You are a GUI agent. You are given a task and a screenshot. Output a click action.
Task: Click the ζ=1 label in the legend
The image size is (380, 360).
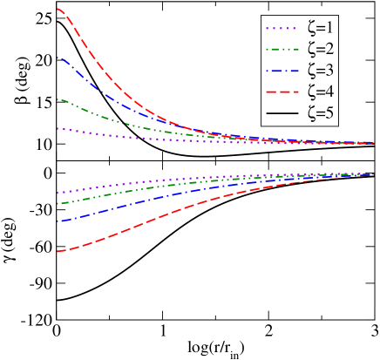coord(320,29)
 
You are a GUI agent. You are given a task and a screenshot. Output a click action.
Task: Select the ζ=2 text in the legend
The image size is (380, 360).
coord(320,50)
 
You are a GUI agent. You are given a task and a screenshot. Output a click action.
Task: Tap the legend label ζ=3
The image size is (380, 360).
coord(320,71)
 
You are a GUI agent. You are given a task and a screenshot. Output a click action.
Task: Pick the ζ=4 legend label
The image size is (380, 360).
coord(320,92)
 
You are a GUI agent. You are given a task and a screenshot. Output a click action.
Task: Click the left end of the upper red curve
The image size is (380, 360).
coord(58,9)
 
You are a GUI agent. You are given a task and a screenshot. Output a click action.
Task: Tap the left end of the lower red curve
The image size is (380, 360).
coord(58,252)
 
